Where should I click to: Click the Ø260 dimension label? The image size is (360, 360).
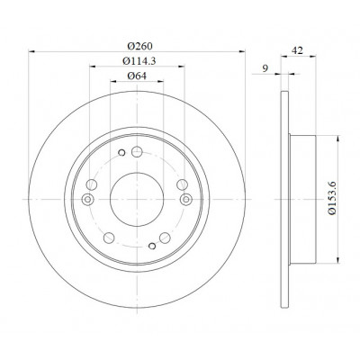139,46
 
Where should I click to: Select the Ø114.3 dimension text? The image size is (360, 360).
139,61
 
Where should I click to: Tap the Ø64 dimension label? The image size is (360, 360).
137,76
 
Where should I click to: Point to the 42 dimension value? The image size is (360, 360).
297,50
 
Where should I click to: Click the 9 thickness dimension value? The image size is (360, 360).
265,68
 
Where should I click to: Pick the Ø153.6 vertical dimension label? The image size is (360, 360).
331,198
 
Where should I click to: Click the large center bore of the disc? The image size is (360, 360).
137,200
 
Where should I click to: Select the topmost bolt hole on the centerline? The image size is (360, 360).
137,151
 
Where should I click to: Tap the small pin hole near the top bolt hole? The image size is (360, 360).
121,153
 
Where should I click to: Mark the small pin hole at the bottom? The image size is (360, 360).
152,246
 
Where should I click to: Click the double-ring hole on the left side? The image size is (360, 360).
87,199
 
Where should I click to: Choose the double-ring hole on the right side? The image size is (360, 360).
186,199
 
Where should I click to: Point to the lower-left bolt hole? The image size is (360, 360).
109,238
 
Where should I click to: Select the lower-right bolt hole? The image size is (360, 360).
165,238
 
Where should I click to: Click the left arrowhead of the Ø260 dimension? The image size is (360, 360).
31,51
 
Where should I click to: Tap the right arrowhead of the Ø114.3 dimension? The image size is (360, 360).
181,67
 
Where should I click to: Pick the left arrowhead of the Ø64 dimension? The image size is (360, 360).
113,81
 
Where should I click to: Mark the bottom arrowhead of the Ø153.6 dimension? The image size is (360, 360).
338,260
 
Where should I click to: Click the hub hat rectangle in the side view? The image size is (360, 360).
303,200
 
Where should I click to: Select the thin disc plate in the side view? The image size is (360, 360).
284,200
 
